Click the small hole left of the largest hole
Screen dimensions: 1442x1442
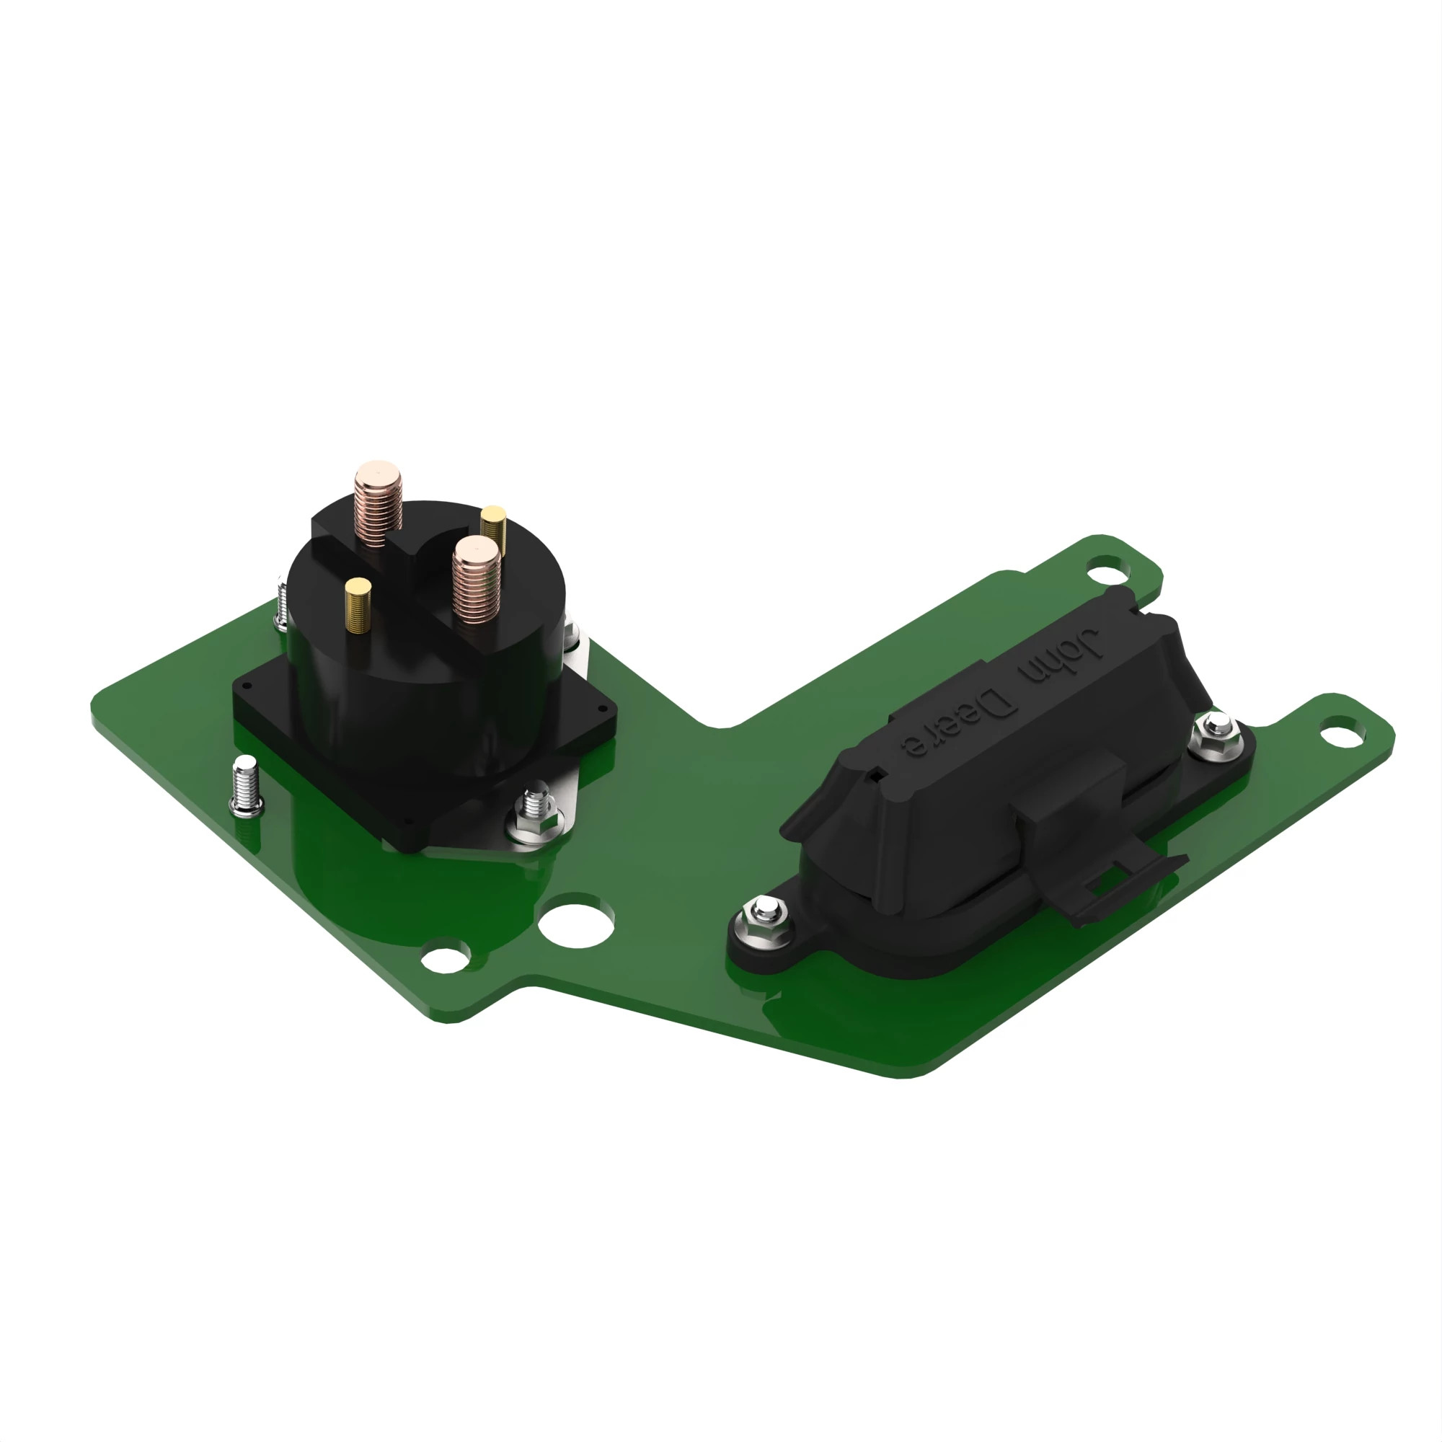[445, 959]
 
